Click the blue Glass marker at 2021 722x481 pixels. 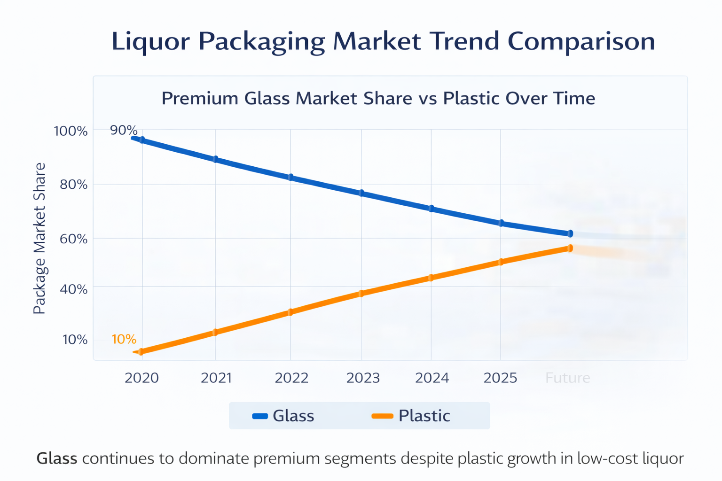215,159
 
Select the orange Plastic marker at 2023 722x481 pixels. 361,294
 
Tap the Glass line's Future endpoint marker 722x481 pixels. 570,233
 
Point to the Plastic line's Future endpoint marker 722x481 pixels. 570,248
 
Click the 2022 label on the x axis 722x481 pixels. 291,378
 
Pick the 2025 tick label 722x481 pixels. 500,378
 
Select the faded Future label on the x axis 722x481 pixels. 567,378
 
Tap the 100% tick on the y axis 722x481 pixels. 71,131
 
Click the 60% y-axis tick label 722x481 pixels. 73,239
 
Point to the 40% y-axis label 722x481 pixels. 73,289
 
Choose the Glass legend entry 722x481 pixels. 283,416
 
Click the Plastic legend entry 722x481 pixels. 411,416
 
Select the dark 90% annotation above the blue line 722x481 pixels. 124,130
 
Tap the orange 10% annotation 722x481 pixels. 124,339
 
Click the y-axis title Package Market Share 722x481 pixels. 39,239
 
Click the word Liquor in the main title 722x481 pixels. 150,41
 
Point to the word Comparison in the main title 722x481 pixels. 581,41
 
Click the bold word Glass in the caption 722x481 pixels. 57,458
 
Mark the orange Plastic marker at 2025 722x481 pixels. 501,262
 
